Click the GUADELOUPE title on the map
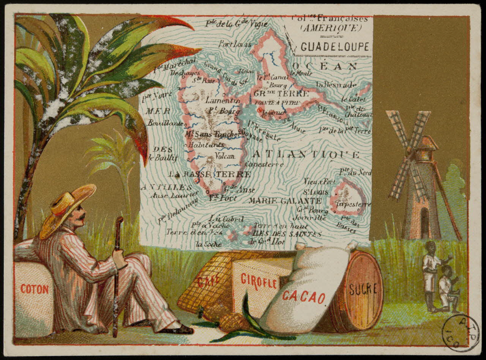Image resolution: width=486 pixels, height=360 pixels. click(x=335, y=47)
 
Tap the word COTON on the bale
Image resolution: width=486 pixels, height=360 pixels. click(x=35, y=289)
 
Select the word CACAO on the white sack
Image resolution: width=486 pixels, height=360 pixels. click(x=303, y=297)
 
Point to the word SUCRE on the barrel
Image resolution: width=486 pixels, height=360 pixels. click(x=363, y=289)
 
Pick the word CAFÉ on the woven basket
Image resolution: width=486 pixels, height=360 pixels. click(x=208, y=281)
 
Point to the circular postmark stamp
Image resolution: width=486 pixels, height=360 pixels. click(x=461, y=333)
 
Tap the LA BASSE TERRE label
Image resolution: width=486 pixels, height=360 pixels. click(x=210, y=174)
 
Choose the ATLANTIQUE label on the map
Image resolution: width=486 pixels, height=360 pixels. click(x=306, y=155)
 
